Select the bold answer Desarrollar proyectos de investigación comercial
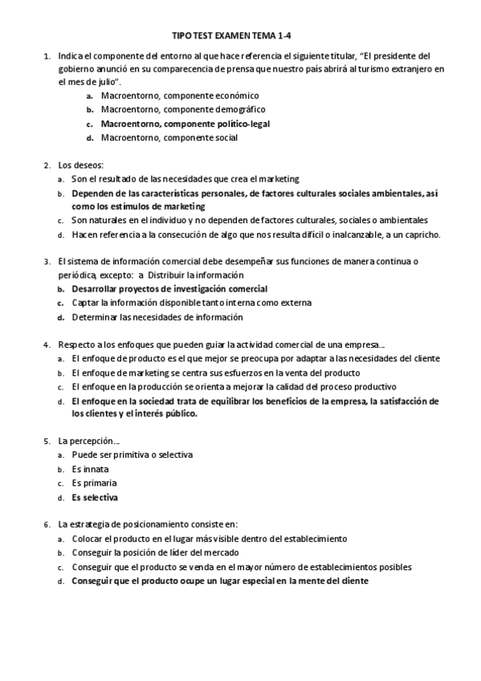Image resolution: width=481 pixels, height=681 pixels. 169,288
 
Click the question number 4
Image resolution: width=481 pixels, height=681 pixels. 47,345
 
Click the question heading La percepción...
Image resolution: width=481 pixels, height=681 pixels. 89,441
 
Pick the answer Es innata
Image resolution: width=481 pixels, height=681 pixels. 90,469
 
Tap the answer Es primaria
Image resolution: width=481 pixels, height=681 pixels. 94,483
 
